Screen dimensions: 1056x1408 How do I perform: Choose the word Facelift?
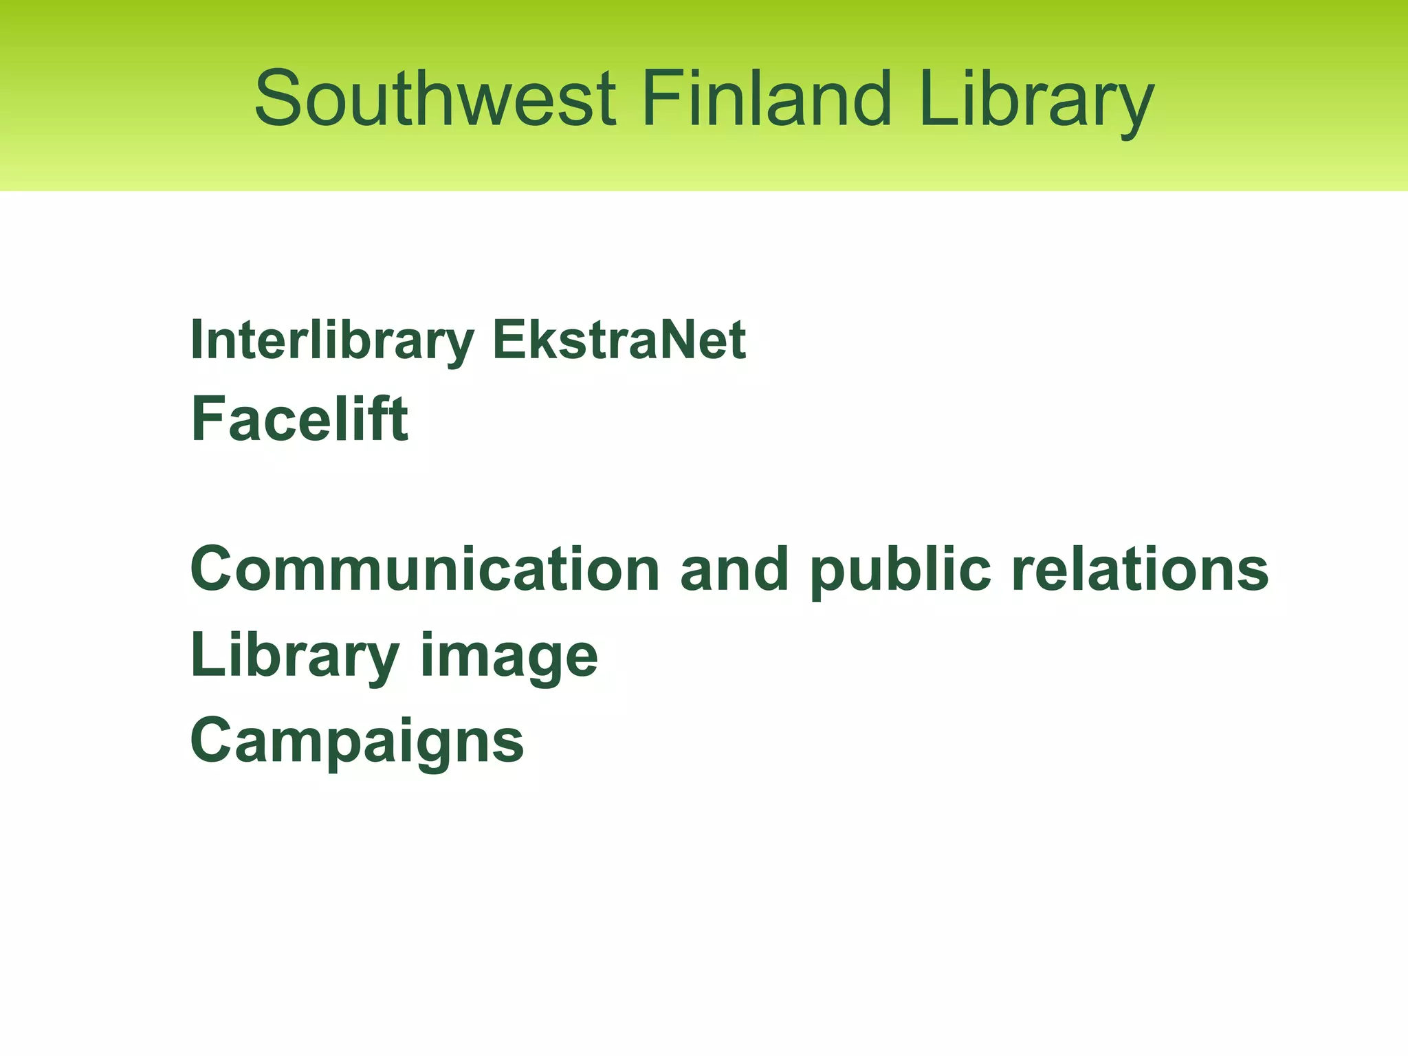tap(299, 419)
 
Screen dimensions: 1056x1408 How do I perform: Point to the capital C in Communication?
tap(214, 569)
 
